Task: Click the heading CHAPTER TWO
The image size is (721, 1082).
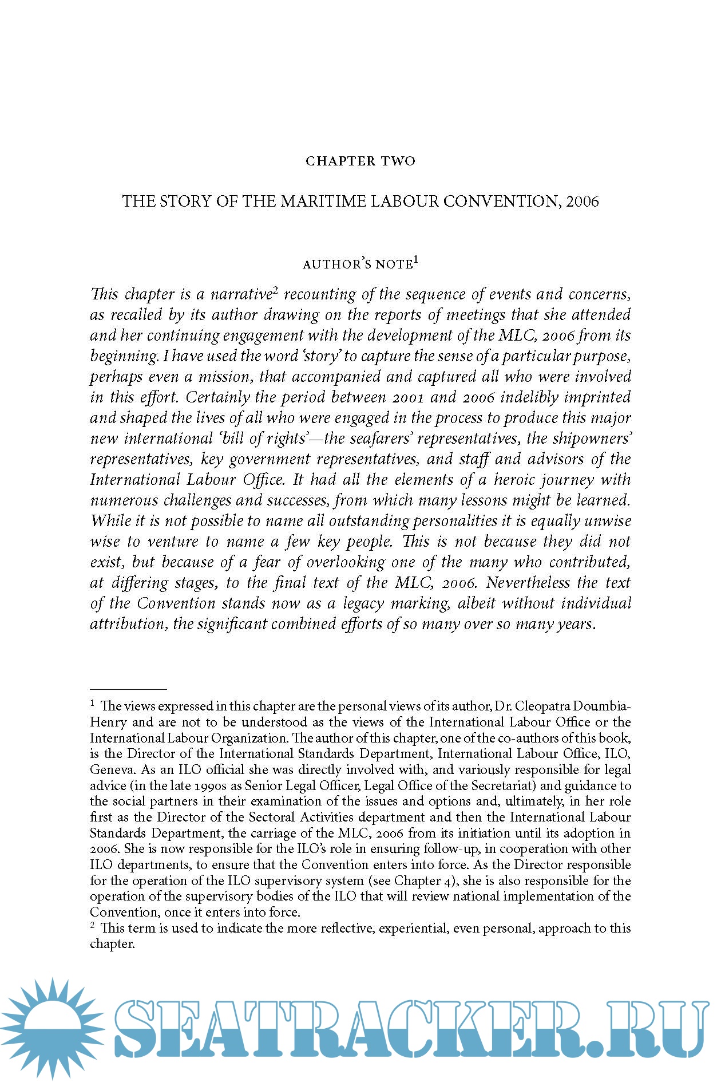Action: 360,161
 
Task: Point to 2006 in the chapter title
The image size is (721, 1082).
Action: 583,202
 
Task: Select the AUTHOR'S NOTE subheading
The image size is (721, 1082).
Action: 357,264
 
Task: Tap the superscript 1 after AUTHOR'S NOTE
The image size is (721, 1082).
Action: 416,260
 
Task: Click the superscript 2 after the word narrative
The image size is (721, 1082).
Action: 275,290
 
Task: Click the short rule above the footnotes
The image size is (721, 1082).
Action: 128,690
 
